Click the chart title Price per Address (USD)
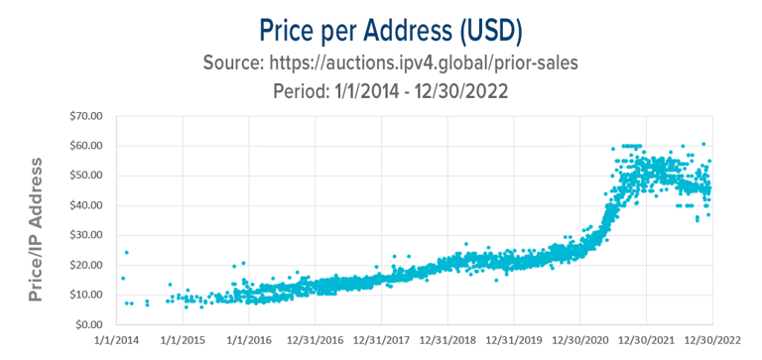tap(381, 27)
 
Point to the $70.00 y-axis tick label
tap(84, 116)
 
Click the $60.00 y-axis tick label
tap(84, 146)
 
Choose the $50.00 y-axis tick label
tap(84, 176)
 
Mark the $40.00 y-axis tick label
tap(84, 205)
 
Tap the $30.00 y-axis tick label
tap(84, 235)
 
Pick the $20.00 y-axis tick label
tap(84, 265)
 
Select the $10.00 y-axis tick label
tap(84, 295)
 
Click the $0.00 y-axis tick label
tap(87, 324)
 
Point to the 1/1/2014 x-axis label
tap(116, 341)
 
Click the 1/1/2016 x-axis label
tap(248, 341)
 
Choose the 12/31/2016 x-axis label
tap(315, 341)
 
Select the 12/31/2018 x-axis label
tap(447, 341)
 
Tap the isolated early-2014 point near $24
tap(126, 253)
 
